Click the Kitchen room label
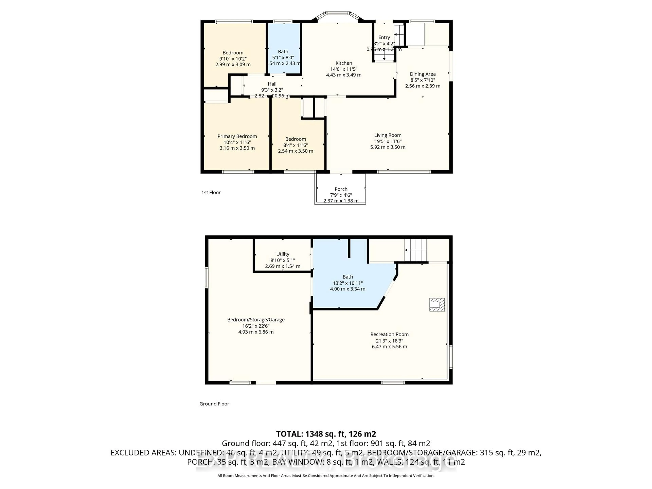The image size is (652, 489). tap(344, 63)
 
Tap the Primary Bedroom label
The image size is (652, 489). tap(237, 136)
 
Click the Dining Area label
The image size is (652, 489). tap(422, 74)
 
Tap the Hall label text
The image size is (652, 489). tap(272, 84)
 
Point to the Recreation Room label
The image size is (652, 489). tap(389, 334)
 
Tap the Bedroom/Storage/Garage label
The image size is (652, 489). tap(256, 320)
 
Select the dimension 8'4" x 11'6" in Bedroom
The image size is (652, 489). tap(295, 145)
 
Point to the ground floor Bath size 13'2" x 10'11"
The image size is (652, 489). tap(348, 283)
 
